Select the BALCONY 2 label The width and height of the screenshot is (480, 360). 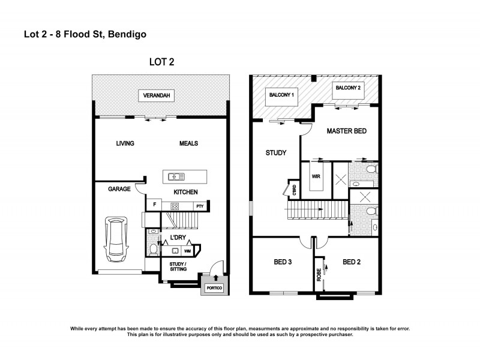349,89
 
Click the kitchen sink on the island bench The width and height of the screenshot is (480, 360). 177,176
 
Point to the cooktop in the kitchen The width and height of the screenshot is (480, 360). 176,206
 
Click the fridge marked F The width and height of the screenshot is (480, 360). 155,206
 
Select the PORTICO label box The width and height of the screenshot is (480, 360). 214,289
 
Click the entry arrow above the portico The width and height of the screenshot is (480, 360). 215,264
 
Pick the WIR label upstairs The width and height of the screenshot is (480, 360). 316,177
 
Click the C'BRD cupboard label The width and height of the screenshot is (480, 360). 294,190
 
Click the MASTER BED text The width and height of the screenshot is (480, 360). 346,131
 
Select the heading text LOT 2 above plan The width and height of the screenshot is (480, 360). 161,62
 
